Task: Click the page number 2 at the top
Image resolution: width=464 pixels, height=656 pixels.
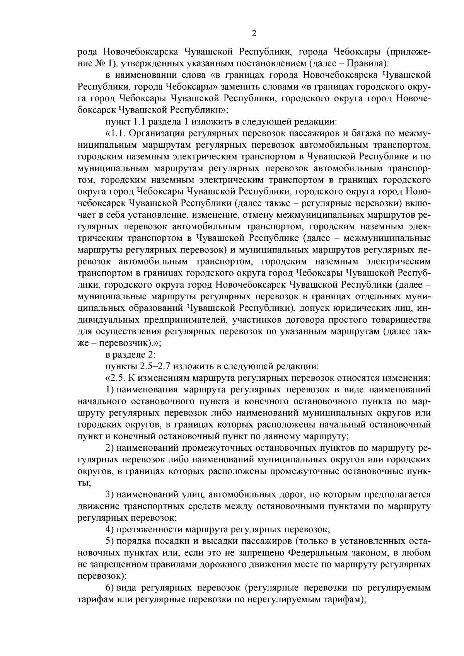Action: point(254,34)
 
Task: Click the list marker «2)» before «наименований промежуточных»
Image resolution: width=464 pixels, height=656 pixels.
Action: point(109,448)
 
